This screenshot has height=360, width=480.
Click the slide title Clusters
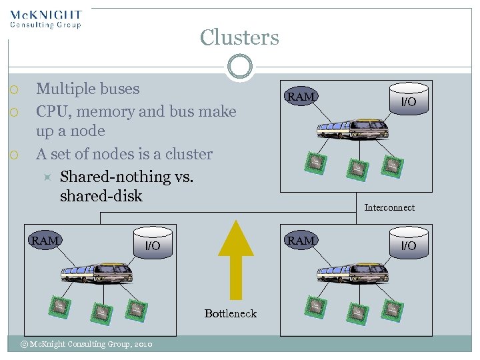[x=239, y=37]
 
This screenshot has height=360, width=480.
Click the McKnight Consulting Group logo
[x=46, y=19]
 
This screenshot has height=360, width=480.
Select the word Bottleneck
[x=230, y=313]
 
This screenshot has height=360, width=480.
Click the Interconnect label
[x=389, y=207]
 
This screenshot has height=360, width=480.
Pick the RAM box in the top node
[x=301, y=97]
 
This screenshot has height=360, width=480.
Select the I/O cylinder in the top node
[x=408, y=99]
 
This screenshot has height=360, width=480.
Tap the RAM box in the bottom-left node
[x=45, y=241]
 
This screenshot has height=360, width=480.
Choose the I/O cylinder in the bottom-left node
[x=153, y=243]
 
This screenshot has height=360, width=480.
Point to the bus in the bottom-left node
[x=97, y=273]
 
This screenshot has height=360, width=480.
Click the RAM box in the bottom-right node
[x=301, y=241]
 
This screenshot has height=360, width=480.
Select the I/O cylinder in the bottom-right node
[x=408, y=243]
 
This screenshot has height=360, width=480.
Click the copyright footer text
[x=86, y=344]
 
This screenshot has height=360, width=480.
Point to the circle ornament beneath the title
[x=239, y=66]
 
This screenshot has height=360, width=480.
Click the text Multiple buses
[x=87, y=89]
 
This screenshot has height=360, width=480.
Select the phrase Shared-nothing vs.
[x=115, y=177]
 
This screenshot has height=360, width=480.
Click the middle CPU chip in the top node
[x=357, y=169]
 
